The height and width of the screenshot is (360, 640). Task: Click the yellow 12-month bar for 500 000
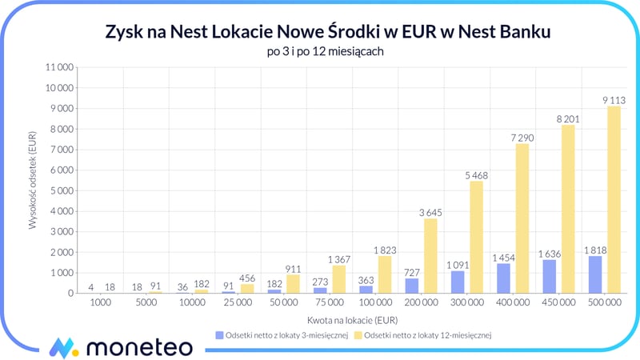pyautogui.click(x=614, y=200)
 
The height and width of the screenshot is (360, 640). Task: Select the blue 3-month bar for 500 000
pyautogui.click(x=595, y=274)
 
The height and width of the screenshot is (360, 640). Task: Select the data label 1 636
pyautogui.click(x=548, y=254)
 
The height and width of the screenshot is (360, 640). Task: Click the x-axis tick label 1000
pyautogui.click(x=101, y=304)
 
